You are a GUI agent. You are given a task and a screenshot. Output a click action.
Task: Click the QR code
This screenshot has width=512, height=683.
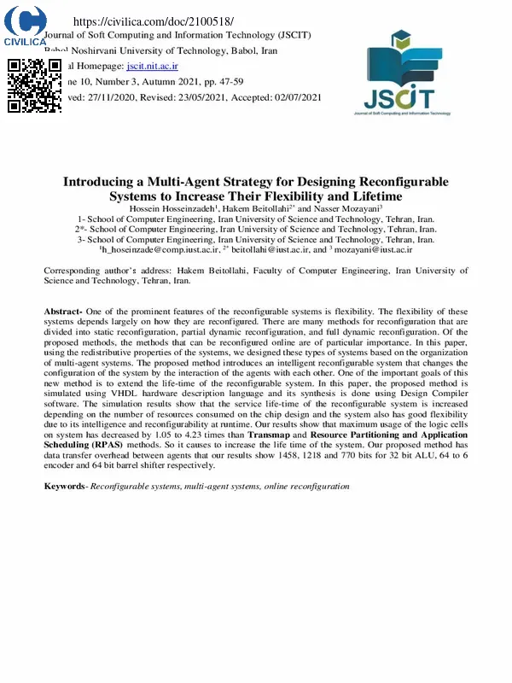tap(34, 85)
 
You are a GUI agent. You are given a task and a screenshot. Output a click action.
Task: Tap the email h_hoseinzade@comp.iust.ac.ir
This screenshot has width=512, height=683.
tap(160, 250)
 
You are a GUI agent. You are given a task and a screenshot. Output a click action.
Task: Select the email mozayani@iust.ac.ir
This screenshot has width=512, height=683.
tap(373, 250)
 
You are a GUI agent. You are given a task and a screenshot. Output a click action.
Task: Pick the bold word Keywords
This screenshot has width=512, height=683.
tap(66, 486)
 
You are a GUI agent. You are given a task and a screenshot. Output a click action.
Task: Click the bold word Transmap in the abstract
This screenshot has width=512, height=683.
tap(272, 435)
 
